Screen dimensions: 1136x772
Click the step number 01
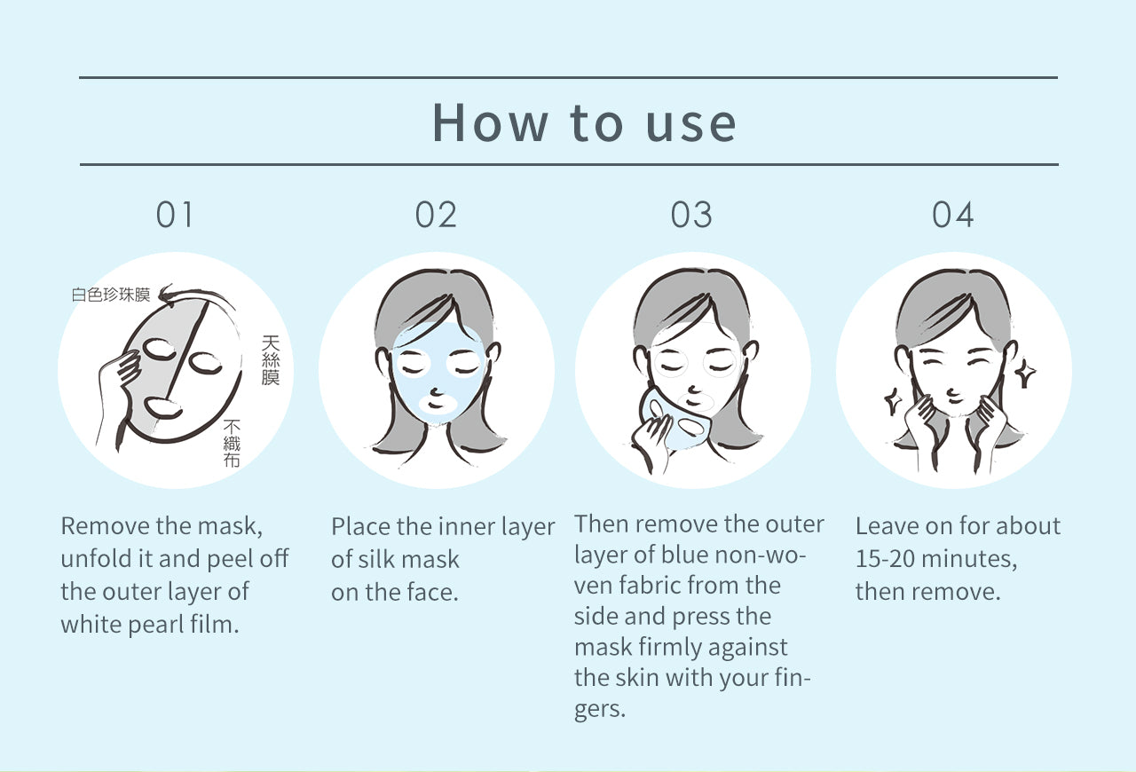[x=175, y=215]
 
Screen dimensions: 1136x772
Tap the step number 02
[x=436, y=215]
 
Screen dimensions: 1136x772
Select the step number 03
[x=691, y=215]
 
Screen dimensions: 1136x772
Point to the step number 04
[x=952, y=215]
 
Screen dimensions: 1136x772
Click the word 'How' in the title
[x=490, y=122]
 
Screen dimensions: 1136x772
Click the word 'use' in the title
[x=690, y=125]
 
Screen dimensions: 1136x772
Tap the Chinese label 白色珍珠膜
[x=111, y=295]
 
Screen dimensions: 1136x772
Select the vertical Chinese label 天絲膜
[x=271, y=360]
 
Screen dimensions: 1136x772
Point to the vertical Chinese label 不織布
[x=232, y=443]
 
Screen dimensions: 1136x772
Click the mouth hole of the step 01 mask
[x=163, y=408]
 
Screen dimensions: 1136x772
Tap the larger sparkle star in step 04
[x=1024, y=373]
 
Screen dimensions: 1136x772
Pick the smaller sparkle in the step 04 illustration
[x=893, y=401]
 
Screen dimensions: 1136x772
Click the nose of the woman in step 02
[x=436, y=391]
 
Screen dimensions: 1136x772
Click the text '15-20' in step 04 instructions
[x=885, y=558]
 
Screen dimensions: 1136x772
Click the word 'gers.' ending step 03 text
[x=599, y=710]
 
